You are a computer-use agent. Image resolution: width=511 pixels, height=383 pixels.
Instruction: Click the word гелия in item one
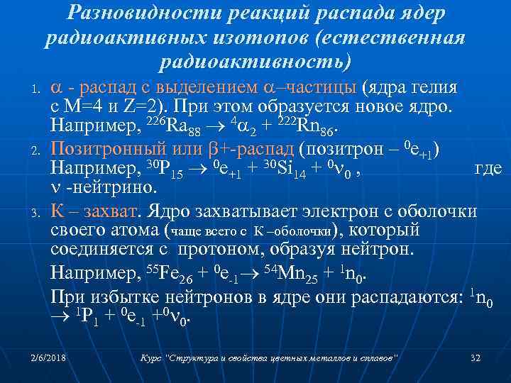[x=435, y=89]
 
